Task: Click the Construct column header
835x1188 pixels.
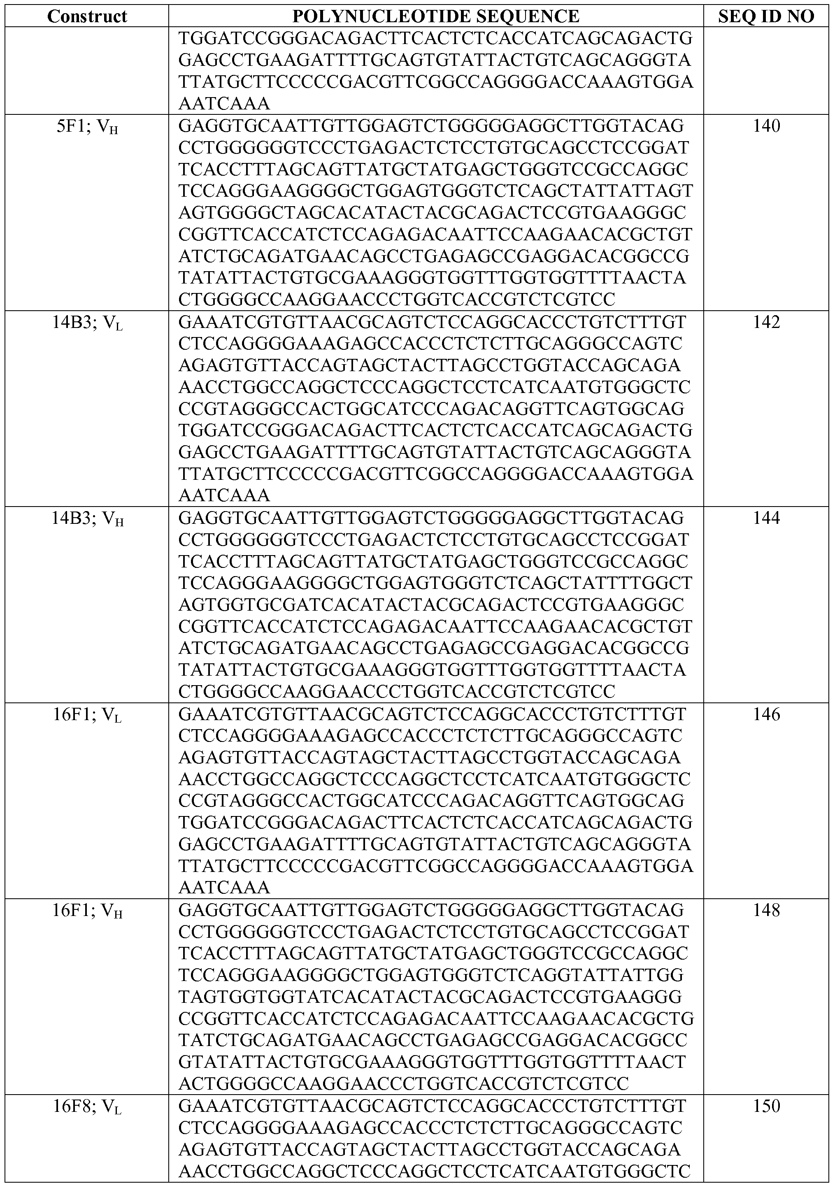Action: tap(87, 16)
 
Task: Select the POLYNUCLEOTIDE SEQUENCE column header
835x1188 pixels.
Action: tap(435, 16)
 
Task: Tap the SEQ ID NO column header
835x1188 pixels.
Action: tap(766, 16)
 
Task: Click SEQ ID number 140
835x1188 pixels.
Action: tap(766, 126)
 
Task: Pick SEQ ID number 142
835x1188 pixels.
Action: tap(766, 322)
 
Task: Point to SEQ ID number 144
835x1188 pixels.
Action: tap(766, 518)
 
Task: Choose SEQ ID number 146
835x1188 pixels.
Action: tap(766, 714)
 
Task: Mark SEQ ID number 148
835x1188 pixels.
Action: tap(766, 910)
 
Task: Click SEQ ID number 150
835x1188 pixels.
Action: tap(766, 1106)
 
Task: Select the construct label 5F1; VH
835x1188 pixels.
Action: tap(87, 127)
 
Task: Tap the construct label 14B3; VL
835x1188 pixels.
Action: tap(87, 323)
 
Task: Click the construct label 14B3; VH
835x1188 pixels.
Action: tap(87, 519)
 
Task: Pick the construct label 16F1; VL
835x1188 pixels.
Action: tap(87, 716)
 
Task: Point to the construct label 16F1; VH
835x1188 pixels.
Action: tap(87, 911)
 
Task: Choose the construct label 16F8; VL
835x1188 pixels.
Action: tap(87, 1107)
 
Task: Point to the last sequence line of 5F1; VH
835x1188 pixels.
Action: tap(397, 300)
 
